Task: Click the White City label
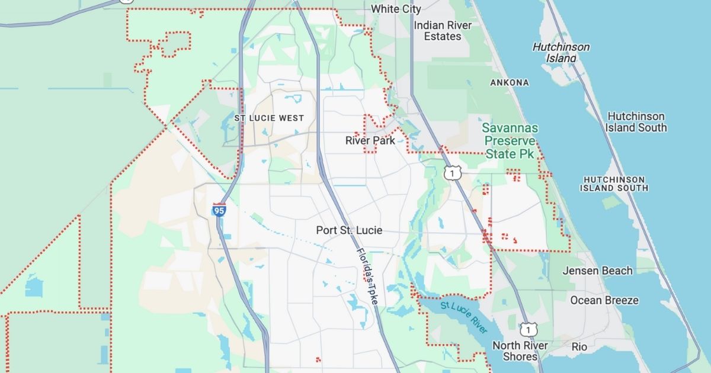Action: tap(396, 9)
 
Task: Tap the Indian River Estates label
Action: tap(443, 31)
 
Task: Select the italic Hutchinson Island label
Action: tap(561, 53)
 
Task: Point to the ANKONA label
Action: tap(510, 82)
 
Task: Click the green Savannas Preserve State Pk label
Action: tap(510, 141)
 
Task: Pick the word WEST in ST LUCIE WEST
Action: tap(291, 118)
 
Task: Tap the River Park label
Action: tap(370, 140)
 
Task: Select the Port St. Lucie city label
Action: tap(349, 230)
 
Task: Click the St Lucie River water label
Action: tap(463, 317)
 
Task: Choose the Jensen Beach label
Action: tap(597, 271)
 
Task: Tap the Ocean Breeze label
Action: tap(604, 300)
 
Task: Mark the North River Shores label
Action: tap(520, 351)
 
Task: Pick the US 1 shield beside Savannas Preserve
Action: tap(452, 173)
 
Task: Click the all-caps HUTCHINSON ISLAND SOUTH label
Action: tap(614, 184)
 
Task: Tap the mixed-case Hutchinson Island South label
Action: tap(636, 122)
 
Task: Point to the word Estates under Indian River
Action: tap(443, 37)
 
